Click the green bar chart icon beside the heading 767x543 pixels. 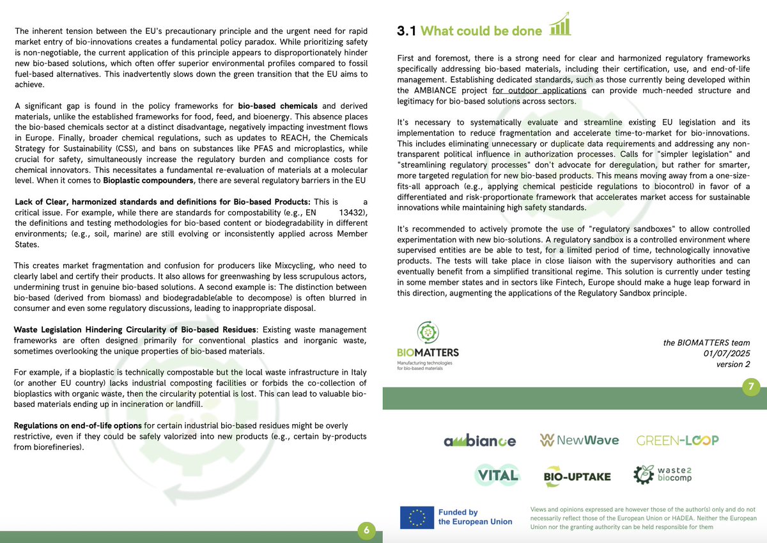(560, 24)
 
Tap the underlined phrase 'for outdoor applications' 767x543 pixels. (539, 90)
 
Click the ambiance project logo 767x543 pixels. (479, 441)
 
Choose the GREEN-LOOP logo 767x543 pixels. (678, 440)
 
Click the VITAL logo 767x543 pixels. (497, 475)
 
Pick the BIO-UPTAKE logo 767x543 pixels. (577, 476)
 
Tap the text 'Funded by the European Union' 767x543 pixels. (475, 517)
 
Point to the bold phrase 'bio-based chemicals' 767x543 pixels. (277, 106)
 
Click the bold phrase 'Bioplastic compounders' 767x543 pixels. (145, 181)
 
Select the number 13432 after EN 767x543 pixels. (353, 212)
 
